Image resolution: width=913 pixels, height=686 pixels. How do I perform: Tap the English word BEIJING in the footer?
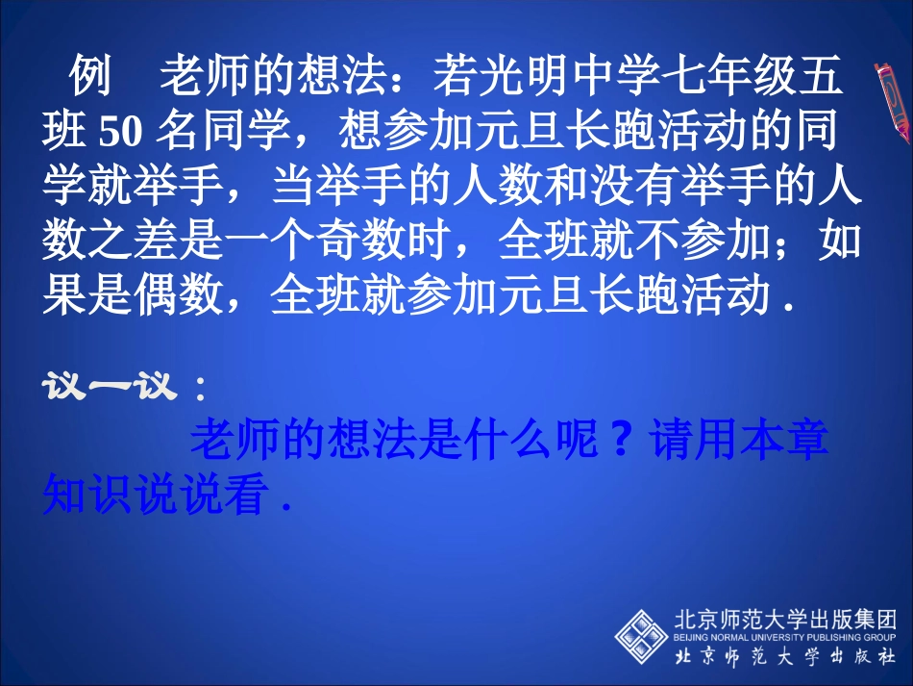point(688,637)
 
